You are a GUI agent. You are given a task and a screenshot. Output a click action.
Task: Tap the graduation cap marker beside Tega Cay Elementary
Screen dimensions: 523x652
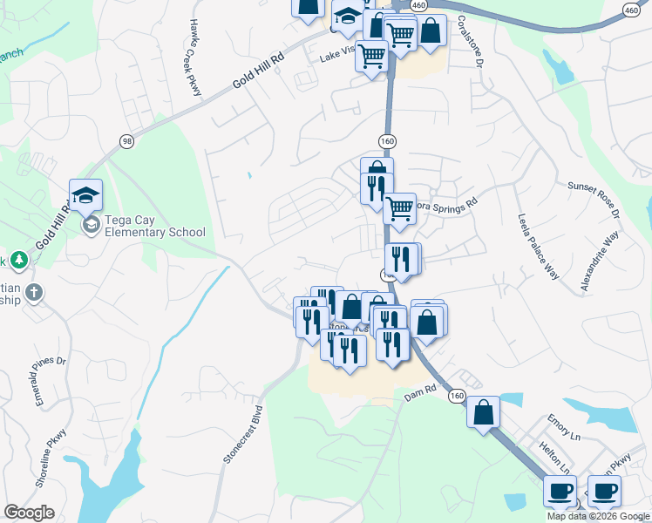point(86,196)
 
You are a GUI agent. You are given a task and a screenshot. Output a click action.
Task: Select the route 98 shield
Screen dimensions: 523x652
point(127,142)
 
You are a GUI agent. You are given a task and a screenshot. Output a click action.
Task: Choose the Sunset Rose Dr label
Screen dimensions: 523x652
point(594,200)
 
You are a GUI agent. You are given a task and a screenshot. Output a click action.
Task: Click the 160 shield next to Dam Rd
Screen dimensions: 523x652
point(457,397)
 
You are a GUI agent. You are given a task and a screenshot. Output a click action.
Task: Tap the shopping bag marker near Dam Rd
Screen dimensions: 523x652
point(483,412)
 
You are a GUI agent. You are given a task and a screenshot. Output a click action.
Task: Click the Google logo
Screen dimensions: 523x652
point(29,513)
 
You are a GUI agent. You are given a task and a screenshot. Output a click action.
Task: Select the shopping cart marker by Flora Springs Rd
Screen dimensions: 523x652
point(399,207)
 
